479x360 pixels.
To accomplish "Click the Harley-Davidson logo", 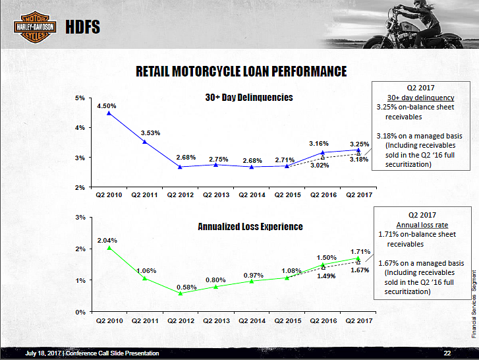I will pos(31,26).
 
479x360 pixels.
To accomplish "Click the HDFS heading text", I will pos(83,27).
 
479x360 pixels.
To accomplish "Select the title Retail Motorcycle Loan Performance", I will pos(240,71).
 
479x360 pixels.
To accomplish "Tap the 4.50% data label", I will pos(107,105).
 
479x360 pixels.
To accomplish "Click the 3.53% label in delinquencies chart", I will pos(151,133).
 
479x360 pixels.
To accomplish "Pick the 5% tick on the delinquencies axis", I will pos(80,98).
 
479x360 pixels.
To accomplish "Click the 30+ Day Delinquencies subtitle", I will pos(249,97).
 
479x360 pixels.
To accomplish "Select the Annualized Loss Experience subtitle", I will pos(250,226).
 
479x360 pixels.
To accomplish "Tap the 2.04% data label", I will pos(107,240).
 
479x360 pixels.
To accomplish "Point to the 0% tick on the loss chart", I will pos(80,311).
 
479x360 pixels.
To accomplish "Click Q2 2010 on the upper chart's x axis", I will pos(109,195).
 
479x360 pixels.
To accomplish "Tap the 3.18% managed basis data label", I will pos(359,160).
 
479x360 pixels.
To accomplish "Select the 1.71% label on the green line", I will pos(360,251).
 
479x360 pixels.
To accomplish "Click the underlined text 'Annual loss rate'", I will pos(422,224).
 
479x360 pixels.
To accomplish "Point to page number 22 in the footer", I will pos(447,353).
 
